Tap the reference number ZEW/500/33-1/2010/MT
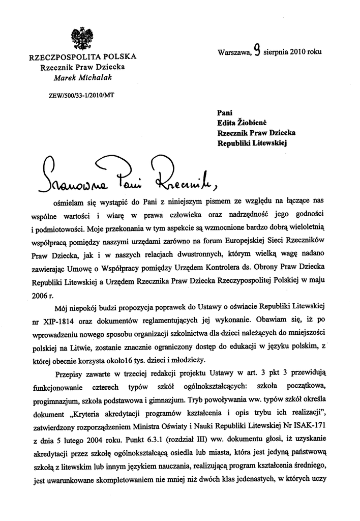point(78,95)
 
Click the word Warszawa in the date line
point(234,52)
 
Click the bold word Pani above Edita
point(224,113)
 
